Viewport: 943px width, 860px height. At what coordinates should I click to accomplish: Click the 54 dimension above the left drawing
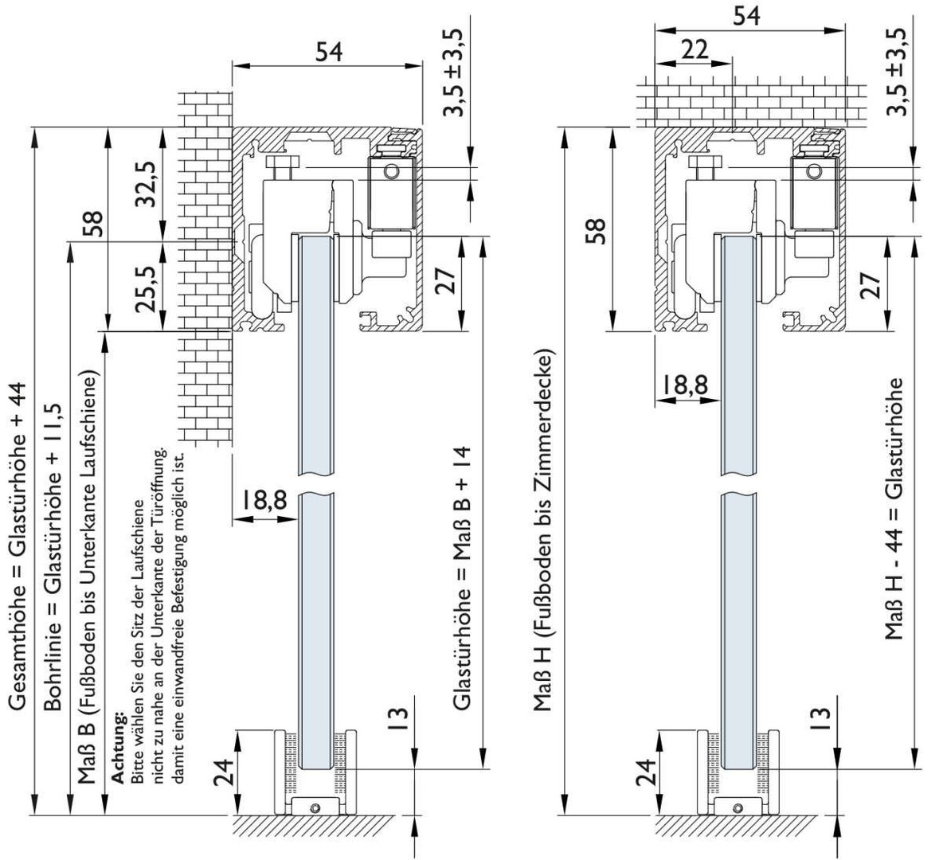[328, 51]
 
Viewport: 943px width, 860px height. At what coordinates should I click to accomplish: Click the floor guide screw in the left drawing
[316, 807]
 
